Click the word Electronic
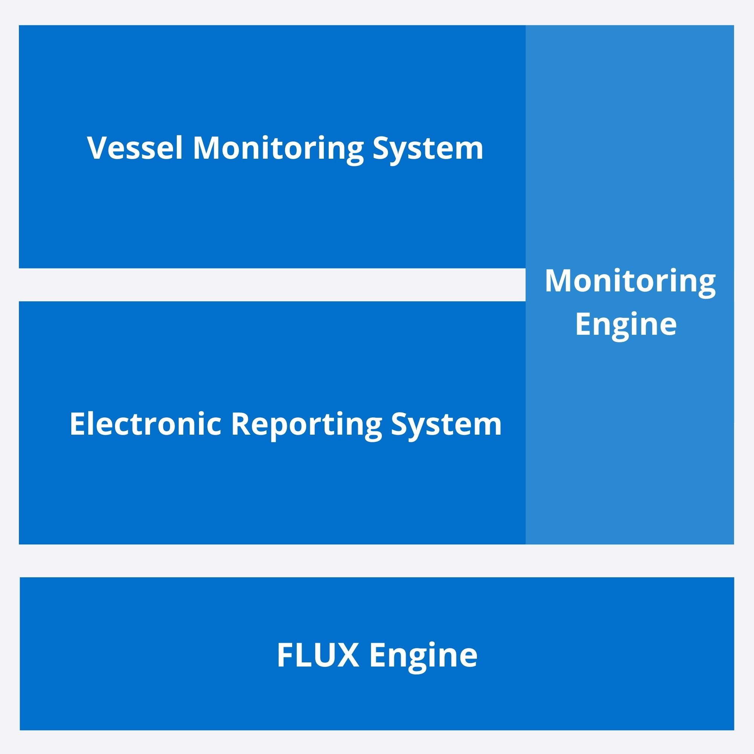point(146,424)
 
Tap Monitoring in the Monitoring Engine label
point(630,282)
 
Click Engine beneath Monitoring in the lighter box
point(626,325)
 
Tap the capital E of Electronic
point(77,424)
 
